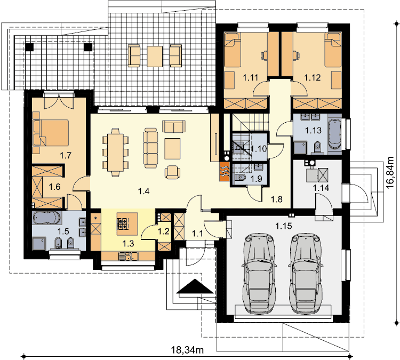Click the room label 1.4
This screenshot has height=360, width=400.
[143, 191]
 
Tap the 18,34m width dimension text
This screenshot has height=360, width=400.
[187, 350]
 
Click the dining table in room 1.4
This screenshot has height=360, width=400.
[116, 153]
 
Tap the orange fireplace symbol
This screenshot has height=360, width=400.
[224, 172]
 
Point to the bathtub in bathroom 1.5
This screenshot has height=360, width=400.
[47, 218]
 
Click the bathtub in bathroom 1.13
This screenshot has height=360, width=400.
[334, 134]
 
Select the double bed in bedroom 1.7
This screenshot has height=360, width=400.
[51, 133]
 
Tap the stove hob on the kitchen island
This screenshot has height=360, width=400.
[122, 223]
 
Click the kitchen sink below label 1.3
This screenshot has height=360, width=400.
[129, 256]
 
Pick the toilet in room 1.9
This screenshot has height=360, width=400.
[240, 177]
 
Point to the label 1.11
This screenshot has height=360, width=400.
[250, 77]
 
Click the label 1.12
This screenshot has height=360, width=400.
[313, 77]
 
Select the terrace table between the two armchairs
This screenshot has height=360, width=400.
[155, 57]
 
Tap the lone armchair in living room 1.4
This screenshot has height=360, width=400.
[172, 172]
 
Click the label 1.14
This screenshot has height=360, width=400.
[321, 188]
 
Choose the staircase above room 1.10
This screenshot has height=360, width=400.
[250, 123]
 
